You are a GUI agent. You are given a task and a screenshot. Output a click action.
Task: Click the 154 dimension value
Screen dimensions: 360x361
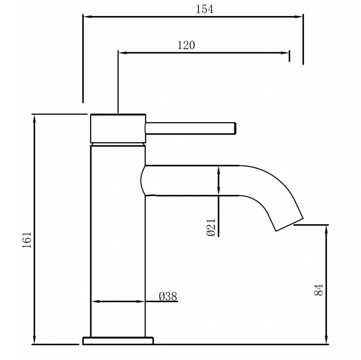204,9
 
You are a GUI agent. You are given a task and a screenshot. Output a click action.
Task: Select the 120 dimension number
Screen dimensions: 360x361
186,45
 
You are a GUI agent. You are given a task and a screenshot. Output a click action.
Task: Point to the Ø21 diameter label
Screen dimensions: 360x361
212,227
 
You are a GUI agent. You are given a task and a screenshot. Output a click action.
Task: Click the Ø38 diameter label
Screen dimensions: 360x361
168,296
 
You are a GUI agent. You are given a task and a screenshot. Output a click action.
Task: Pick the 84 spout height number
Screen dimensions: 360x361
319,290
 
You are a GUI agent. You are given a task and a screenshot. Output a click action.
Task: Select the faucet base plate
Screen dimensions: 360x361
118,341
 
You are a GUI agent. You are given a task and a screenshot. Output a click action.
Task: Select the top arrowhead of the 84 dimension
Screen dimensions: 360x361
326,228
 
